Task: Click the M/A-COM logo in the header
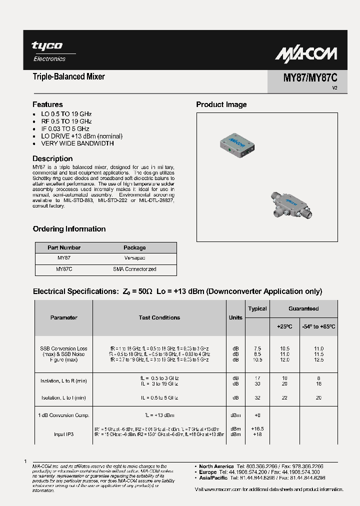307,53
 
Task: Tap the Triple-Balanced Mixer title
68,77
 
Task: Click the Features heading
47,104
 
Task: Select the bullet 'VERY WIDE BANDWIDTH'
77,143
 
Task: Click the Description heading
52,159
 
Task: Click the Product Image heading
221,104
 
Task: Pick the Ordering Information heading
69,229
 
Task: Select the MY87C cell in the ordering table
64,269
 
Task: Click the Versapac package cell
134,258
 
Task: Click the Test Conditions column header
159,317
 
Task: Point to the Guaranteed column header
303,308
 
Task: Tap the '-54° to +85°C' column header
318,326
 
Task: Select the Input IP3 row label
64,434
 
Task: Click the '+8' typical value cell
257,415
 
